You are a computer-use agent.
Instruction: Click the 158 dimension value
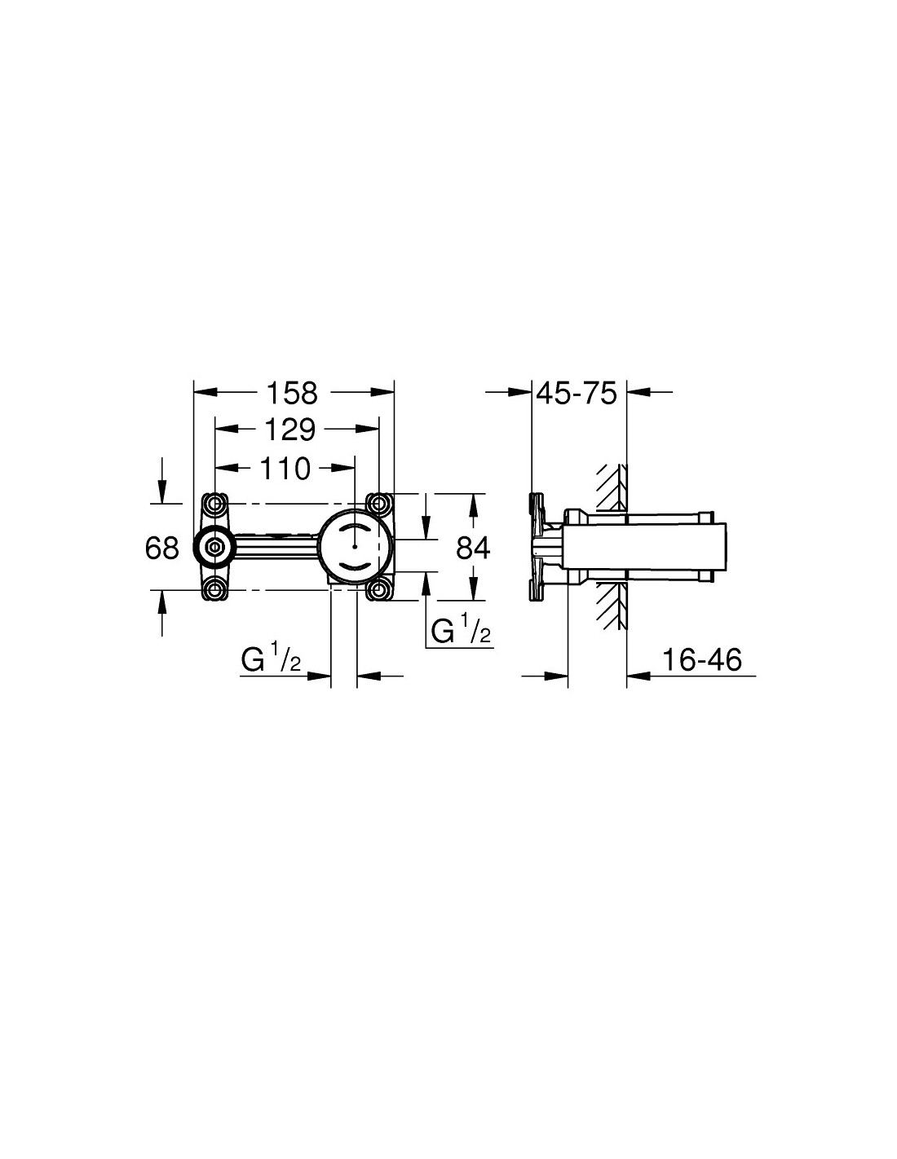(291, 393)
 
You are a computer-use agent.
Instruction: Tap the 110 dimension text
(285, 469)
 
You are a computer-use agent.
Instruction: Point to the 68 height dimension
(161, 548)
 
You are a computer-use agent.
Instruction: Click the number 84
(473, 548)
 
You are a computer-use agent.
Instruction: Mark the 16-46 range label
(702, 660)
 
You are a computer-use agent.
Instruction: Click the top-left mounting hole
(215, 504)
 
